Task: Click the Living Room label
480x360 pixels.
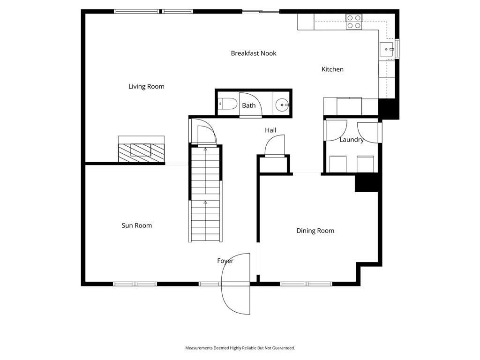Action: (x=146, y=87)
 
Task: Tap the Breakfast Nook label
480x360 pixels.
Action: (x=254, y=53)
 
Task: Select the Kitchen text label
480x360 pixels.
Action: (x=332, y=69)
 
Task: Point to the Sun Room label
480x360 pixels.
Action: (x=137, y=225)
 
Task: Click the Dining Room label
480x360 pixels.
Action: (x=315, y=231)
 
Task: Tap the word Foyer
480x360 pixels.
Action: (x=225, y=261)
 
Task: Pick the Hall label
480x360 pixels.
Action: (x=270, y=130)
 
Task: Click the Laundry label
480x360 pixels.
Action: (x=352, y=140)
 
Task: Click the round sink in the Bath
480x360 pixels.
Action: (x=282, y=105)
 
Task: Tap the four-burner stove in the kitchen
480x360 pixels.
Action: (x=354, y=22)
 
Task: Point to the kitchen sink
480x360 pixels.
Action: (x=387, y=49)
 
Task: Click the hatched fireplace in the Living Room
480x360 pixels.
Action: (x=142, y=153)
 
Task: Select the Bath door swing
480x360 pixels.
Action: (x=251, y=105)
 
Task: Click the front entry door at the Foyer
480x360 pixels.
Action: (x=235, y=284)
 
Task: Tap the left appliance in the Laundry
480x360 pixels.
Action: (x=338, y=164)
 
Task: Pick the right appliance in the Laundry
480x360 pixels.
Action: (x=365, y=164)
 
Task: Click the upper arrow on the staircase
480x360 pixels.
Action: (x=205, y=149)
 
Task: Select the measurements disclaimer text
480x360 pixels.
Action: (x=240, y=348)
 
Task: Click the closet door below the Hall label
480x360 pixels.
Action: (x=275, y=146)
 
